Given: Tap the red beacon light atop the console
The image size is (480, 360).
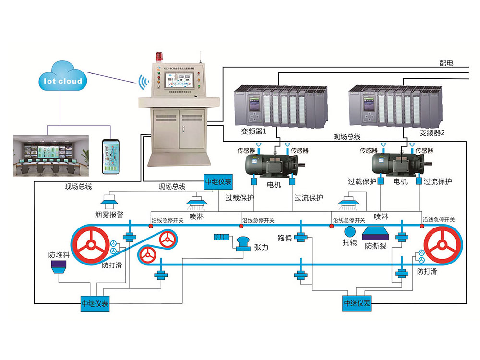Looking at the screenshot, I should [159, 57].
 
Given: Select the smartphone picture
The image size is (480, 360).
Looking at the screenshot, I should [110, 156].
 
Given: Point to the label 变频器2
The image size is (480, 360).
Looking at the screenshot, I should [432, 133].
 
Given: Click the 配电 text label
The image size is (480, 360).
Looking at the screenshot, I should [446, 63].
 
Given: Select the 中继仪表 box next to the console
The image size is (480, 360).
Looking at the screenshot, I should [218, 181].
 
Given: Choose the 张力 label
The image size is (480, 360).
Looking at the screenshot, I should [261, 248].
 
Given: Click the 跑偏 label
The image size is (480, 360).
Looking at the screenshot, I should [285, 237].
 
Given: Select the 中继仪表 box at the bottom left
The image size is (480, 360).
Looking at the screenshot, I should [95, 303].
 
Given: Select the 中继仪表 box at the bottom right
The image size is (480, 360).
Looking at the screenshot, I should [357, 303].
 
